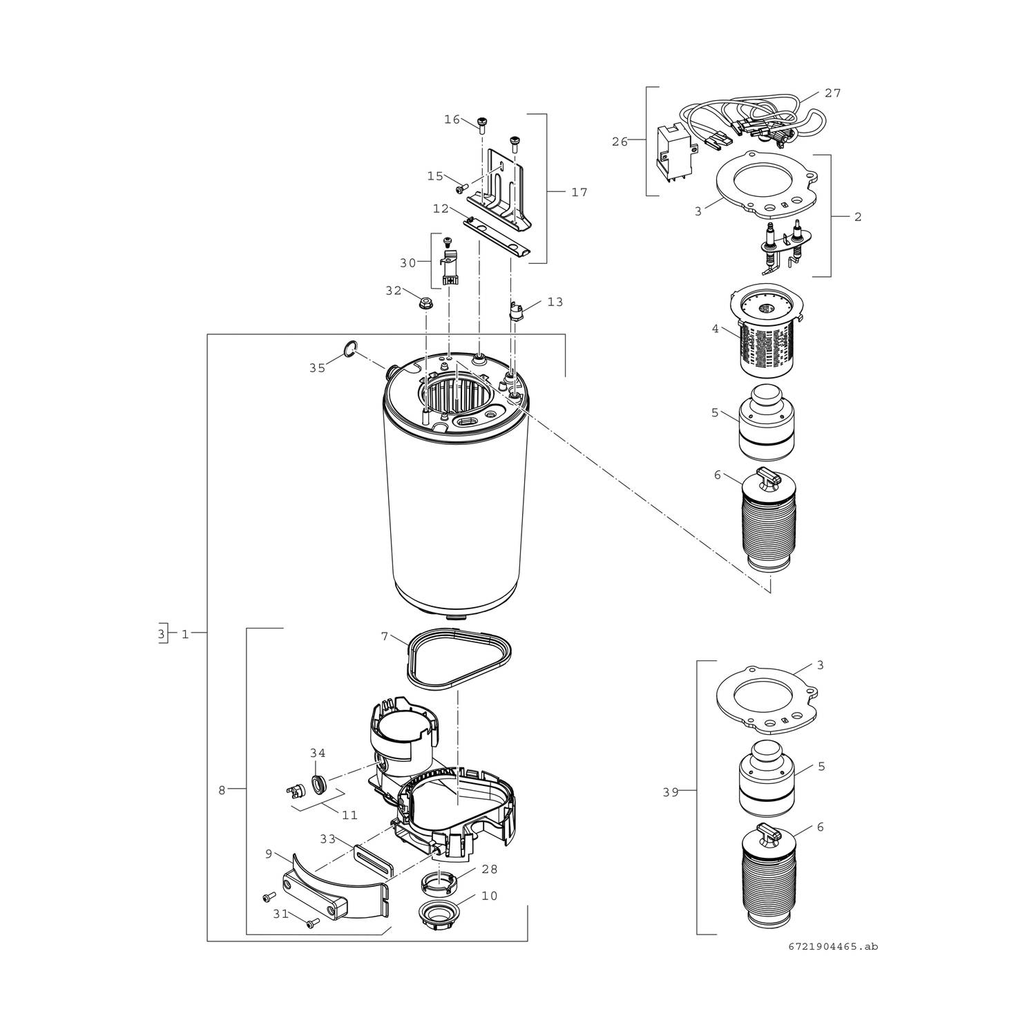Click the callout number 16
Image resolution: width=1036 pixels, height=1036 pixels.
pos(452,119)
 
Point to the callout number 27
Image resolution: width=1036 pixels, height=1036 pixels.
pos(833,93)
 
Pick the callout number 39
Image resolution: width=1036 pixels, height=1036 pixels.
pos(671,793)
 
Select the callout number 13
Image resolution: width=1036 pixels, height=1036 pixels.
pos(555,302)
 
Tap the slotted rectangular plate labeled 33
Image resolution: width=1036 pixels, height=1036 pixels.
pos(374,861)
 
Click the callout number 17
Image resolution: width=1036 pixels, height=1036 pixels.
pos(579,193)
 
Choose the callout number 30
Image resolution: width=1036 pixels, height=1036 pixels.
pos(407,263)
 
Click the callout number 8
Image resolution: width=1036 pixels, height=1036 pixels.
pos(222,791)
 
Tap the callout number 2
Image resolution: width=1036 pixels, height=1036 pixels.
pos(858,217)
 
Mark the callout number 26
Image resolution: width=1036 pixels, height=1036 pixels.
pos(620,142)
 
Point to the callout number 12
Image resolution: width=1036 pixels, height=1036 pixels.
pos(441,209)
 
